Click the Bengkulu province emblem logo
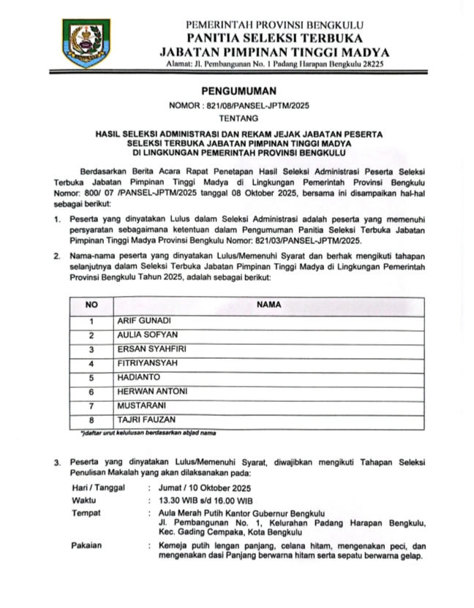[86, 43]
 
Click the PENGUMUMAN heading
[239, 91]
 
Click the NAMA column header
[268, 305]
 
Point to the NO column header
[91, 305]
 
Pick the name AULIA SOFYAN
[143, 335]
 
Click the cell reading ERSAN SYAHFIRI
[151, 349]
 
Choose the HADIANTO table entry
[139, 378]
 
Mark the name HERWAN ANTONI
[152, 392]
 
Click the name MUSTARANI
[142, 406]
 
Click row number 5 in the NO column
[91, 378]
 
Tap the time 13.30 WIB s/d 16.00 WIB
[209, 501]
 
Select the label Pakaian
[87, 546]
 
